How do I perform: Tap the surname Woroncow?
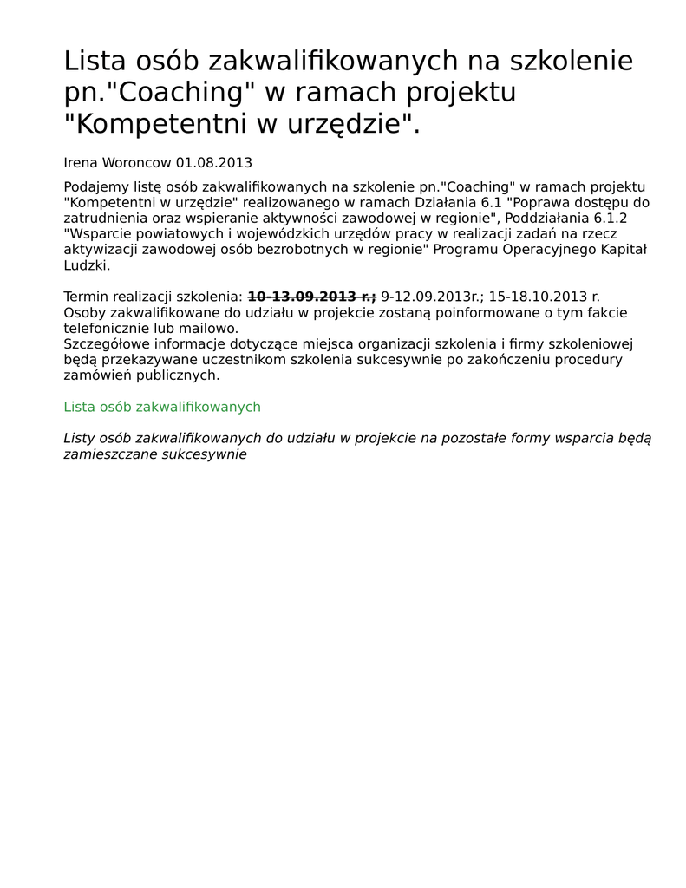click(x=137, y=163)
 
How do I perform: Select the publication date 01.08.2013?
click(x=214, y=163)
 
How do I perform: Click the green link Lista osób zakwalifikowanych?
click(x=162, y=407)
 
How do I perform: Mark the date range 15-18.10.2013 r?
click(x=544, y=297)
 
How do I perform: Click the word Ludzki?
click(x=87, y=265)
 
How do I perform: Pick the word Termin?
click(x=86, y=297)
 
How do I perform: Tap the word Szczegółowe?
click(x=108, y=344)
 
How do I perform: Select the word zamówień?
click(x=95, y=375)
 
